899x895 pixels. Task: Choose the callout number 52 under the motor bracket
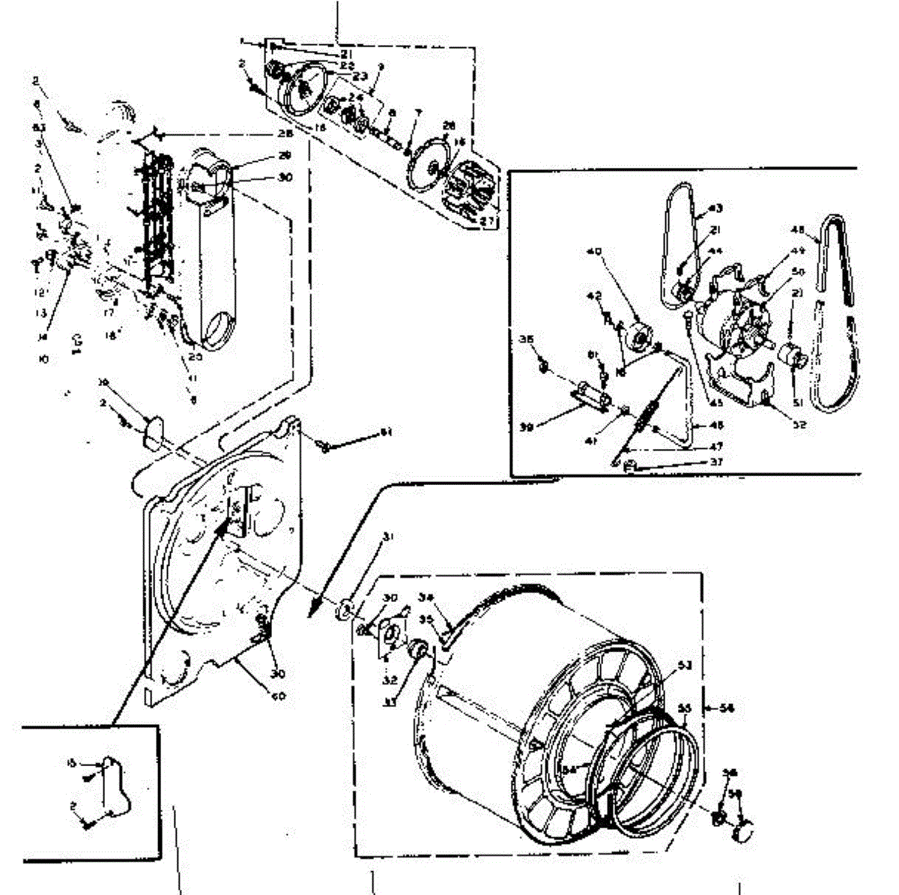799,424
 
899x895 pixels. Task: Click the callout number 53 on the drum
685,664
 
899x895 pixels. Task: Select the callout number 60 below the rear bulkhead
279,696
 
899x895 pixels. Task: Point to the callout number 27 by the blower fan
488,221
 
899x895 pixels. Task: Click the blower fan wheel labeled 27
469,187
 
